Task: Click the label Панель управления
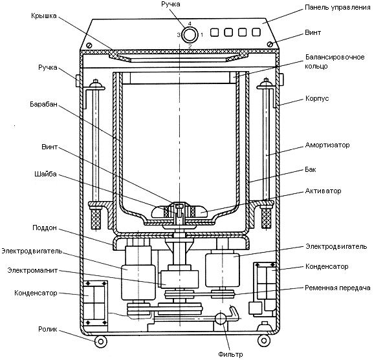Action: (x=338, y=8)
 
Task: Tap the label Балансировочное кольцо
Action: (x=335, y=61)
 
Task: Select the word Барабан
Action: (x=43, y=104)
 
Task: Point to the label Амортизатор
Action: (x=327, y=145)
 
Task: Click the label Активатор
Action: (x=323, y=191)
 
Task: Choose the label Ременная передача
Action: (x=338, y=288)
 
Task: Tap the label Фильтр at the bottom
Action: (x=230, y=355)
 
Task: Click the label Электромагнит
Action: (x=32, y=270)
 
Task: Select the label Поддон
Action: (x=45, y=228)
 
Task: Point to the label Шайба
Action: (x=45, y=174)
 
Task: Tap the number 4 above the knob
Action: (x=190, y=23)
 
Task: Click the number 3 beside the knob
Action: (x=179, y=35)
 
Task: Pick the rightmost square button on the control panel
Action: (x=256, y=32)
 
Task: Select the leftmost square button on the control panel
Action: (x=215, y=32)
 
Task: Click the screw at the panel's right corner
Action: (x=270, y=45)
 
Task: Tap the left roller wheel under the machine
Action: (x=101, y=342)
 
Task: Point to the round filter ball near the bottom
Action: (x=221, y=319)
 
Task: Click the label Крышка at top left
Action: (x=44, y=16)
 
